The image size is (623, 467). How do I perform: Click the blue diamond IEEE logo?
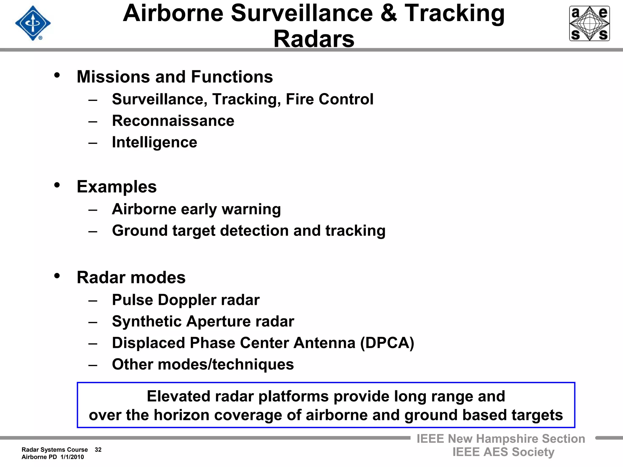33,23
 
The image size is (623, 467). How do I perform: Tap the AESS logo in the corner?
589,23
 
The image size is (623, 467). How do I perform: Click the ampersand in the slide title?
388,13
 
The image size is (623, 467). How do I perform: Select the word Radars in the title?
314,39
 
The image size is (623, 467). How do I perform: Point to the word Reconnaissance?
173,121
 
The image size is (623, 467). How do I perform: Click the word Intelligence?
155,142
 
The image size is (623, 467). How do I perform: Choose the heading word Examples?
117,186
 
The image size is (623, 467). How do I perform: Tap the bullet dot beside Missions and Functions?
57,75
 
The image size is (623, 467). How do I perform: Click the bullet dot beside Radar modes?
57,276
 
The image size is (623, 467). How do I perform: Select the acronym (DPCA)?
387,343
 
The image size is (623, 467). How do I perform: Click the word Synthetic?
147,321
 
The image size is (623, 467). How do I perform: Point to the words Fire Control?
329,99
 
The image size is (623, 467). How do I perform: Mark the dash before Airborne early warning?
93,209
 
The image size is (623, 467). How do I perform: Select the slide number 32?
98,450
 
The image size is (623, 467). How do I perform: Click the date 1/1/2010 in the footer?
72,457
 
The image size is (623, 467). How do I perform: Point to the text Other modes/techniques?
203,364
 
